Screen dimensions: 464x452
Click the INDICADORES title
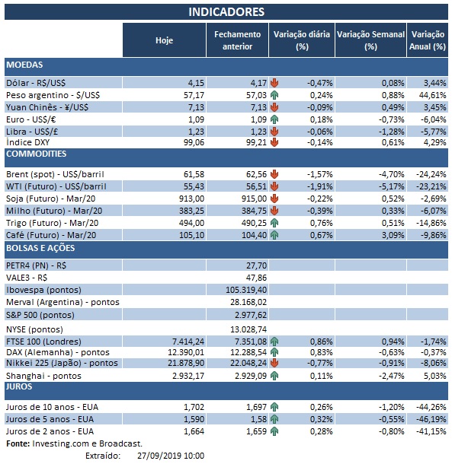[226, 11]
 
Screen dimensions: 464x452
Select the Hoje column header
[163, 40]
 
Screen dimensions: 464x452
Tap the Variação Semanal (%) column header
[370, 40]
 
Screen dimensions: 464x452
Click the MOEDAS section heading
[24, 65]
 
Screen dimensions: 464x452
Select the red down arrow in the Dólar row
[274, 82]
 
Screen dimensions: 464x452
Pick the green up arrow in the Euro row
[274, 119]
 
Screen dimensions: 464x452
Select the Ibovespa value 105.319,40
[238, 290]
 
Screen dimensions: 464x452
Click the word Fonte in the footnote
[18, 443]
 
